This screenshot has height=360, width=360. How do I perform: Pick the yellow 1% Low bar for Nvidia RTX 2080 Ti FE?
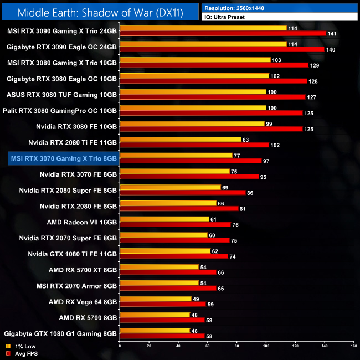(181, 140)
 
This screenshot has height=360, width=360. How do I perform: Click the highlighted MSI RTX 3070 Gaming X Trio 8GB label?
(64, 158)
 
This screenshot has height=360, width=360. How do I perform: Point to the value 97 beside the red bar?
(267, 161)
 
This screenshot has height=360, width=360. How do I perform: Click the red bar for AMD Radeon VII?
(175, 225)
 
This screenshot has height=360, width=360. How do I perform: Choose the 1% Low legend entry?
(19, 346)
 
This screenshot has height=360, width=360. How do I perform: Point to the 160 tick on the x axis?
(353, 345)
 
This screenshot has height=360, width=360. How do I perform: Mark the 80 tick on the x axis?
(236, 345)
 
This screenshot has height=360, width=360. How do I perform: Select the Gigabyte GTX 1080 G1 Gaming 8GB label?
(60, 334)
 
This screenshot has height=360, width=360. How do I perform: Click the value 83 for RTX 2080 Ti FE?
(246, 140)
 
